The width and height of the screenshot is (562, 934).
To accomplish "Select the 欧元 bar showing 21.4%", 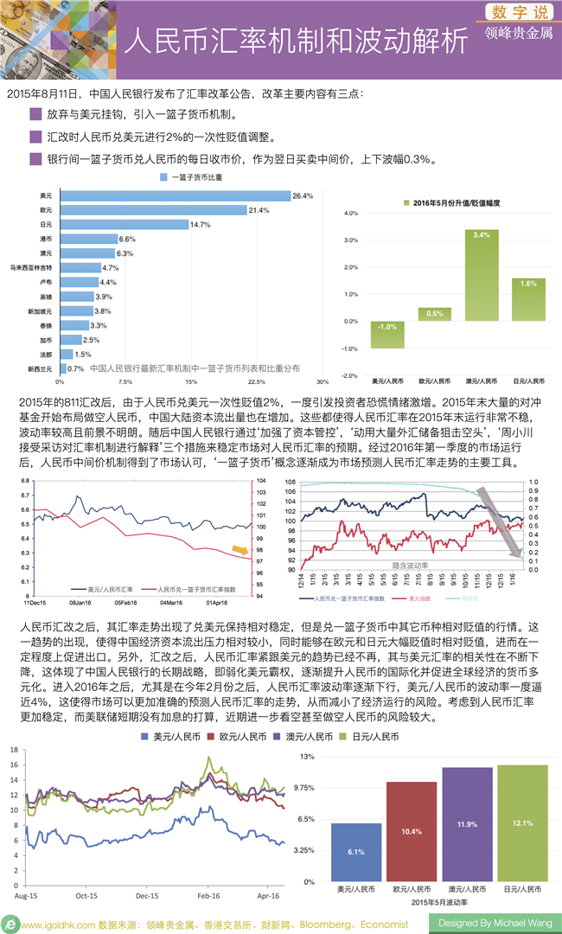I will pyautogui.click(x=153, y=210).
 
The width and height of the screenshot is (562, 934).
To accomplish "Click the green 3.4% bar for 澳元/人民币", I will pyautogui.click(x=482, y=275).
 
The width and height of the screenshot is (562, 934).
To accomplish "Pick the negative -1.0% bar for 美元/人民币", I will pyautogui.click(x=387, y=335).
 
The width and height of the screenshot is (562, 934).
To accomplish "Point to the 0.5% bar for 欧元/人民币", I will pyautogui.click(x=435, y=315).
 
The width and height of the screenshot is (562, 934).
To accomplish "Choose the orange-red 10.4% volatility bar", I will pyautogui.click(x=412, y=831).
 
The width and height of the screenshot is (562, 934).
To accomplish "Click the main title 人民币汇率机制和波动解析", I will pyautogui.click(x=293, y=41).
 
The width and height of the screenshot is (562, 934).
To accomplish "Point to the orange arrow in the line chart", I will pyautogui.click(x=239, y=550).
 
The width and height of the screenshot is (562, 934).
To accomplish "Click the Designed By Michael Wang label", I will pyautogui.click(x=495, y=923).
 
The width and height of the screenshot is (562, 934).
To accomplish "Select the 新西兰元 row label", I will pyautogui.click(x=40, y=368).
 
